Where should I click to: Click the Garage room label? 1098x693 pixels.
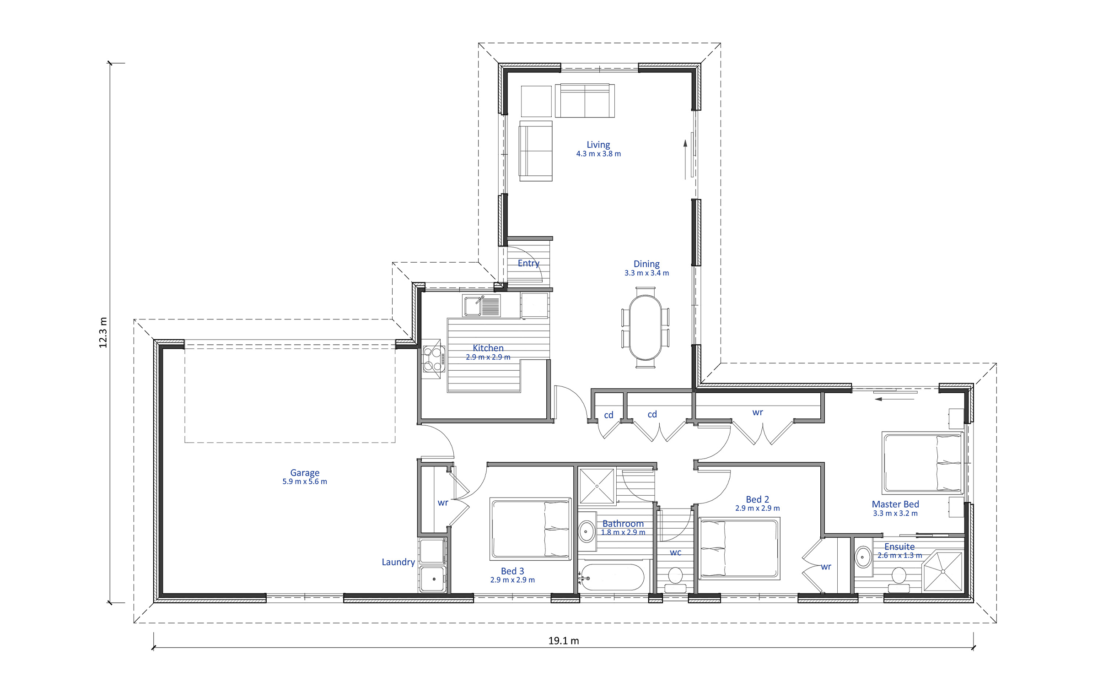click(x=305, y=473)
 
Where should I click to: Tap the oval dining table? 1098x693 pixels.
click(x=645, y=327)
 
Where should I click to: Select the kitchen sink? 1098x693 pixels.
click(x=482, y=306)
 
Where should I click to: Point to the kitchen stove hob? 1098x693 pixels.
click(x=433, y=359)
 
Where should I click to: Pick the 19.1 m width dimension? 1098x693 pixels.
click(x=564, y=641)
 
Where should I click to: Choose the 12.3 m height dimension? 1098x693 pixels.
click(x=103, y=332)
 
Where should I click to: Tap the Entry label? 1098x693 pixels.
click(x=528, y=263)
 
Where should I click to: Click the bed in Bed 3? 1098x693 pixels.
click(x=531, y=529)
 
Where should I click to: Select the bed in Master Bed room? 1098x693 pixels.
click(x=923, y=463)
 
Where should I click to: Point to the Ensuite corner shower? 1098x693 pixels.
click(x=942, y=572)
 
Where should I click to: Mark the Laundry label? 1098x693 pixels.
click(x=398, y=562)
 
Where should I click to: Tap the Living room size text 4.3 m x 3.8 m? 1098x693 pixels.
click(x=598, y=154)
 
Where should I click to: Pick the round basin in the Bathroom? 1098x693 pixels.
click(x=586, y=531)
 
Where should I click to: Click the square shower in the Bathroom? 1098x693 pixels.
click(x=597, y=486)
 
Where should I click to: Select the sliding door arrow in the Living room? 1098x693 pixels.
click(x=685, y=159)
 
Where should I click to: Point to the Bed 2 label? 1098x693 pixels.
click(x=758, y=499)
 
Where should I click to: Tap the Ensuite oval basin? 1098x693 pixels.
click(x=862, y=557)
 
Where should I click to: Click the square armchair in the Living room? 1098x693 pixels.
click(x=536, y=101)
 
